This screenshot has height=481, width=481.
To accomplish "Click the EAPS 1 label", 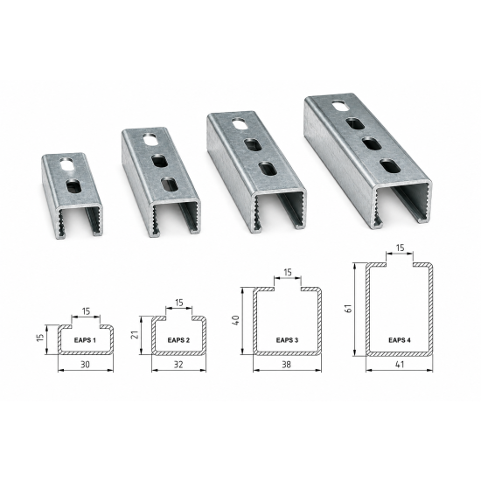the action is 85,340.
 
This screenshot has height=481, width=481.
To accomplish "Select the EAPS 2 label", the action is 178,340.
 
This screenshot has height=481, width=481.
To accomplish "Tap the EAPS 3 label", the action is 287,340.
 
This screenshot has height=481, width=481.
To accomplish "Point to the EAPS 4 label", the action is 400,340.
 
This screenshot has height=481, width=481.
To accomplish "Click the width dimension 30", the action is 86,365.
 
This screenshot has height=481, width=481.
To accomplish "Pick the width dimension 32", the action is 178,365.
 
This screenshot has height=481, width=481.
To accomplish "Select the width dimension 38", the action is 287,365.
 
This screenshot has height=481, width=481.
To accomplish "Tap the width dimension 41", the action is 400,365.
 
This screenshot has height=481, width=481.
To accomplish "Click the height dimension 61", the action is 348,309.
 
